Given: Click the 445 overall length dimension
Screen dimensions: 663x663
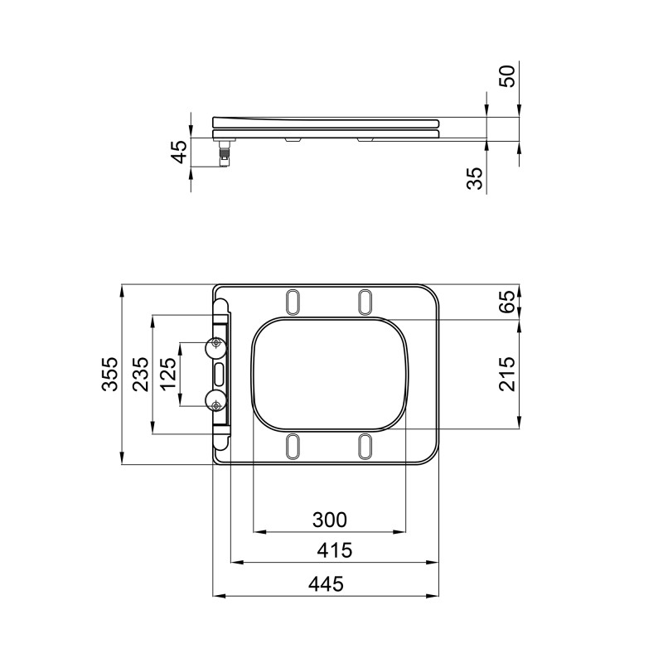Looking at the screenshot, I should (326, 583).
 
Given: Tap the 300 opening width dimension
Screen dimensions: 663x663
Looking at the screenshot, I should (329, 520).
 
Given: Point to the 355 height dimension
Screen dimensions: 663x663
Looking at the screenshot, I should (110, 375).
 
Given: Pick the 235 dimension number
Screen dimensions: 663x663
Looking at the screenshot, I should (141, 375).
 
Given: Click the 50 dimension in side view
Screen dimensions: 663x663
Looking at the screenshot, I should (507, 76).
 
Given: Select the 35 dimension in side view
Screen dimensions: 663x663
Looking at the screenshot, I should (475, 178).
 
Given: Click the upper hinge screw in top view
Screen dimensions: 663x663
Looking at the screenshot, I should (216, 344).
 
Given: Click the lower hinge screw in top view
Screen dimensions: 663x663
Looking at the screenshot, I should (216, 404).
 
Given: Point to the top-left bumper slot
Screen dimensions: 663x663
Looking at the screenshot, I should (293, 302).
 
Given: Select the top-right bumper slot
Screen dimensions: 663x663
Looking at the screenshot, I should (365, 302).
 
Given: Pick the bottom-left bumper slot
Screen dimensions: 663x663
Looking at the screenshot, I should (293, 446).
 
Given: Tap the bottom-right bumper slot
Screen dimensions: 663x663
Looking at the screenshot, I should (365, 446).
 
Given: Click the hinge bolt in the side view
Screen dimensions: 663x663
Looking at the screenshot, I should (224, 154).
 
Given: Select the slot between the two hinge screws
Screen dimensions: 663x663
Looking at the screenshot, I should (218, 375).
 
